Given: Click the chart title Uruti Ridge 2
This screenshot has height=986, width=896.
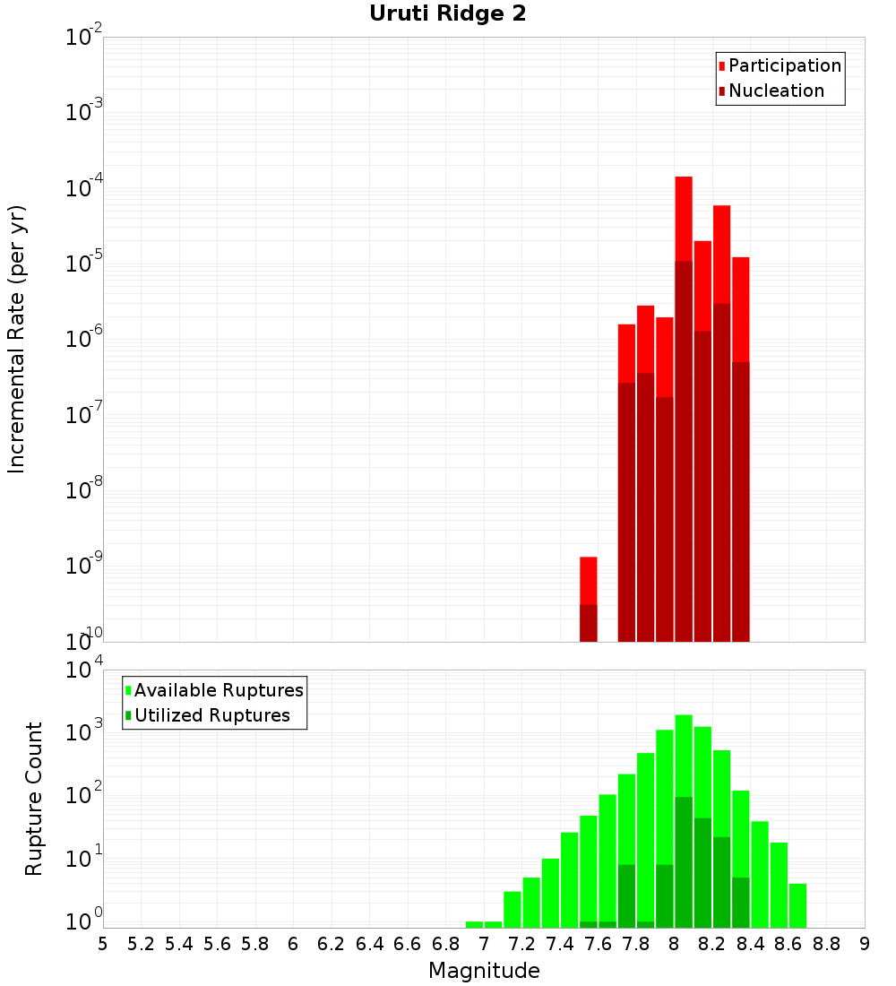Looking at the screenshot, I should (448, 14).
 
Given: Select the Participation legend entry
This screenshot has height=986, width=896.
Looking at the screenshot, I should (784, 65).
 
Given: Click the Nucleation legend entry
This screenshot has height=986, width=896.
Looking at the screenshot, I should (775, 91).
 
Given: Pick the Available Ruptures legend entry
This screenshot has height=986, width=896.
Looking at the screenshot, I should (218, 690).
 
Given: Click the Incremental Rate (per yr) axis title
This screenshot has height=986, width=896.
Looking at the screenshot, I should (17, 339).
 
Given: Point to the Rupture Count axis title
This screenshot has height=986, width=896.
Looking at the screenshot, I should (34, 799).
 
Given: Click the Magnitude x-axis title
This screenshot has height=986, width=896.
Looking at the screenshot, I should (484, 971).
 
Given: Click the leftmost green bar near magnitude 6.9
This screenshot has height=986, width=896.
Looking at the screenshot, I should (475, 924).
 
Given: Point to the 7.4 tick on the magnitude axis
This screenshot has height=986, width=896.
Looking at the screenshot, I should (560, 944).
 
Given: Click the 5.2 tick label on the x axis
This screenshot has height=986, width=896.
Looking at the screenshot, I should (141, 944).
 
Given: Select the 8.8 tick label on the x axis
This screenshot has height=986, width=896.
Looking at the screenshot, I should (827, 944).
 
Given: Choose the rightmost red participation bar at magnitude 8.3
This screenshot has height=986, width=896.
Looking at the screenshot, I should (741, 448).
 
